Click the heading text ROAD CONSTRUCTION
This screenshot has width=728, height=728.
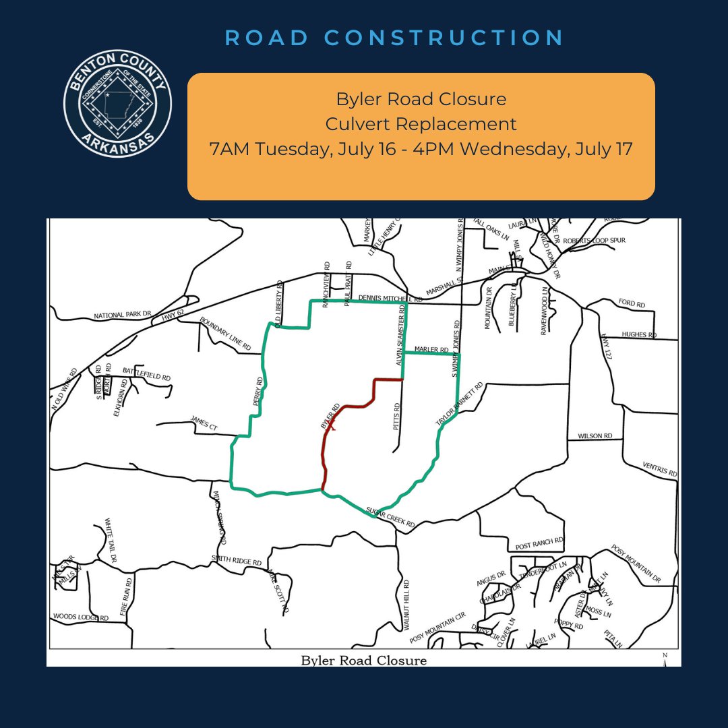click(x=394, y=38)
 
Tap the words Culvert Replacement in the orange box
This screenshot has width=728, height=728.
click(x=421, y=124)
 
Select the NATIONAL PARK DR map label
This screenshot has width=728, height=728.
click(x=124, y=315)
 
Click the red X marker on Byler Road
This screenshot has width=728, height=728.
click(x=331, y=426)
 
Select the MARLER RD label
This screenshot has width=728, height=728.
click(x=431, y=350)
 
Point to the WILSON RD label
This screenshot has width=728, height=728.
click(x=595, y=436)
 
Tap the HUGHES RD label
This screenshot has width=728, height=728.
click(x=639, y=334)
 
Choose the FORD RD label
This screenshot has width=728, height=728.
click(x=631, y=305)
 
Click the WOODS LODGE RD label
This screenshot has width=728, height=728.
click(x=80, y=616)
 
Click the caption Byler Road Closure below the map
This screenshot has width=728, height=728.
click(x=363, y=660)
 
